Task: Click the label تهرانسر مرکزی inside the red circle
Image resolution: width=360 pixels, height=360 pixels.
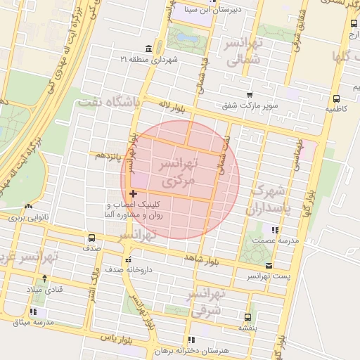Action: tap(176, 172)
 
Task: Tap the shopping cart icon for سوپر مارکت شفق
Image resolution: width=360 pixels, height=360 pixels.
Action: tap(249, 95)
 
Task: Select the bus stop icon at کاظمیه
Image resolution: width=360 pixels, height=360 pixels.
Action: tap(336, 98)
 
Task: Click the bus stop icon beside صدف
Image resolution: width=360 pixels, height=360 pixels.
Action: tap(91, 238)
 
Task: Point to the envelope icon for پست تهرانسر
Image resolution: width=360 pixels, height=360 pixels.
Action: tap(269, 265)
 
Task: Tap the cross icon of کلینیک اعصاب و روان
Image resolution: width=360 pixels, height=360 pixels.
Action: tap(133, 193)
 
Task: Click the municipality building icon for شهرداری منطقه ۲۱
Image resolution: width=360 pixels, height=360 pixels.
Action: tap(148, 49)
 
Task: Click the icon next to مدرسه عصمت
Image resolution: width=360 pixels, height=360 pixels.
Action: tap(275, 230)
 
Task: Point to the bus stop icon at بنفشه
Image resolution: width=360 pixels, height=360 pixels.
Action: tap(247, 317)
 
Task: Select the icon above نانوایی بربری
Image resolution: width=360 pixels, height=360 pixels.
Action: tap(28, 207)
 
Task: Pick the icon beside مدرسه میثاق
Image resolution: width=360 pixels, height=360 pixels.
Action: tap(33, 311)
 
